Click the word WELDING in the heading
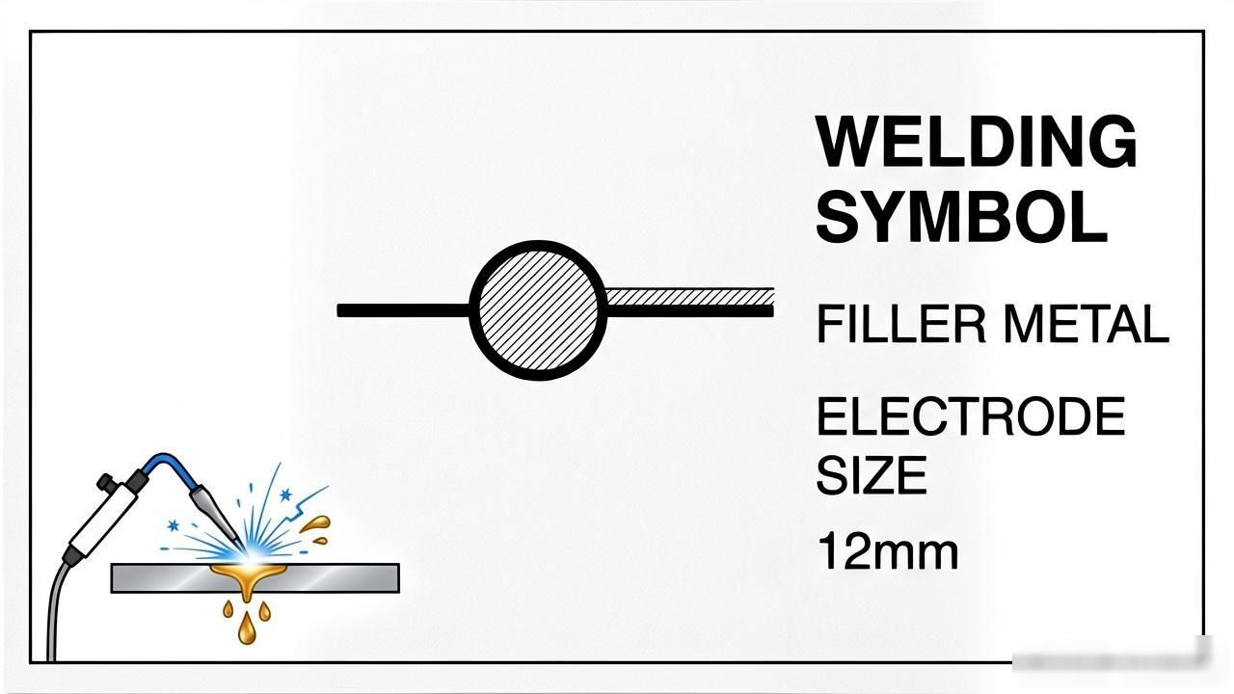pyautogui.click(x=977, y=141)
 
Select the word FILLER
pyautogui.click(x=901, y=324)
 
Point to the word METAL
pyautogui.click(x=1086, y=324)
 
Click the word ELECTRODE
pyautogui.click(x=971, y=416)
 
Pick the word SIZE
pyautogui.click(x=872, y=475)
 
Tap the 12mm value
pyautogui.click(x=888, y=550)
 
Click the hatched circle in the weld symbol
pyautogui.click(x=538, y=310)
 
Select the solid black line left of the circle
pyautogui.click(x=403, y=310)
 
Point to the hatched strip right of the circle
pyautogui.click(x=690, y=297)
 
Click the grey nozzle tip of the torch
pyautogui.click(x=216, y=516)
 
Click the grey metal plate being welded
pyautogui.click(x=255, y=577)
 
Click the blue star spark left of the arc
pyautogui.click(x=173, y=525)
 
